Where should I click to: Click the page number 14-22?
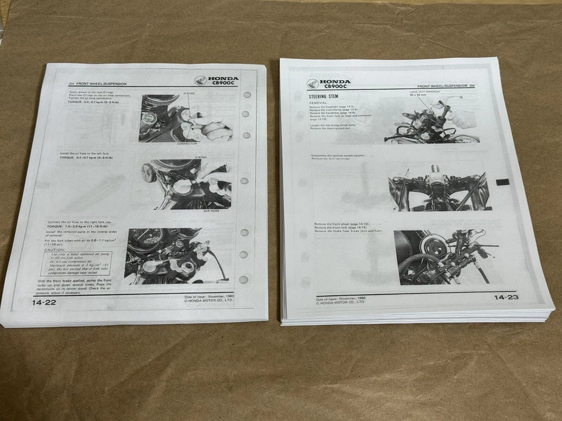coord(45,303)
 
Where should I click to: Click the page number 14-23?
coord(506,298)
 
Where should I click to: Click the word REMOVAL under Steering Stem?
coord(319,103)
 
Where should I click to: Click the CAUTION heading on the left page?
coord(55,250)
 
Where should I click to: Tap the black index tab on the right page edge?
coord(502,182)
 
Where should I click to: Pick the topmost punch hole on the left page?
coord(246,95)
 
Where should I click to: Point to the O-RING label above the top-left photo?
coord(190,93)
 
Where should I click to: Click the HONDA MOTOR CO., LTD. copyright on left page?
coord(208,301)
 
